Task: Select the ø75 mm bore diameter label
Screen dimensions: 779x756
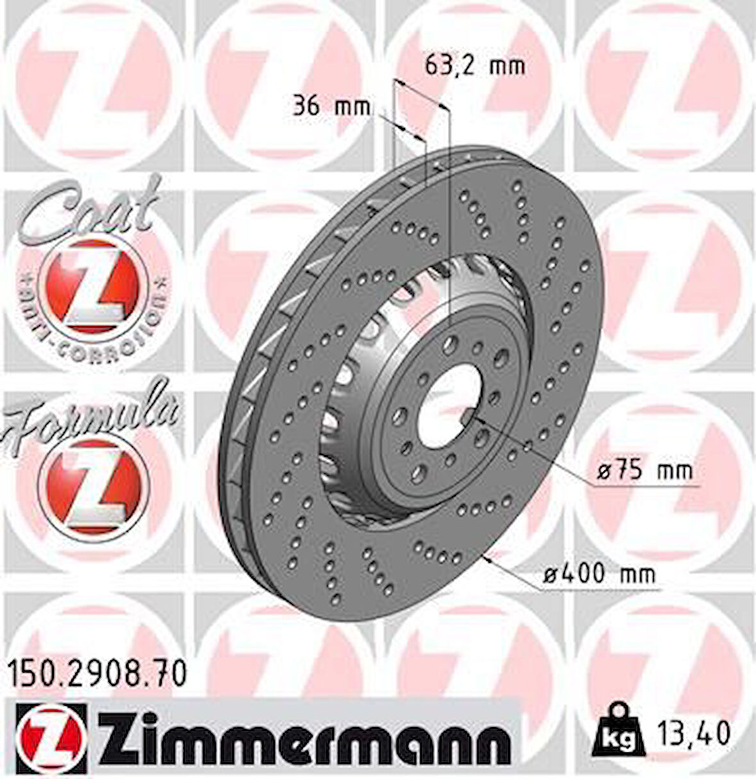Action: [645, 472]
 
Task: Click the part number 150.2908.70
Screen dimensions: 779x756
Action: [99, 675]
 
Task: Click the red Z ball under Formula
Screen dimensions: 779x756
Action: [94, 484]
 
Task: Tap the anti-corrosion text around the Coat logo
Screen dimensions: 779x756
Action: [96, 340]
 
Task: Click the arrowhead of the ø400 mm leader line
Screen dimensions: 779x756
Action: [491, 559]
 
